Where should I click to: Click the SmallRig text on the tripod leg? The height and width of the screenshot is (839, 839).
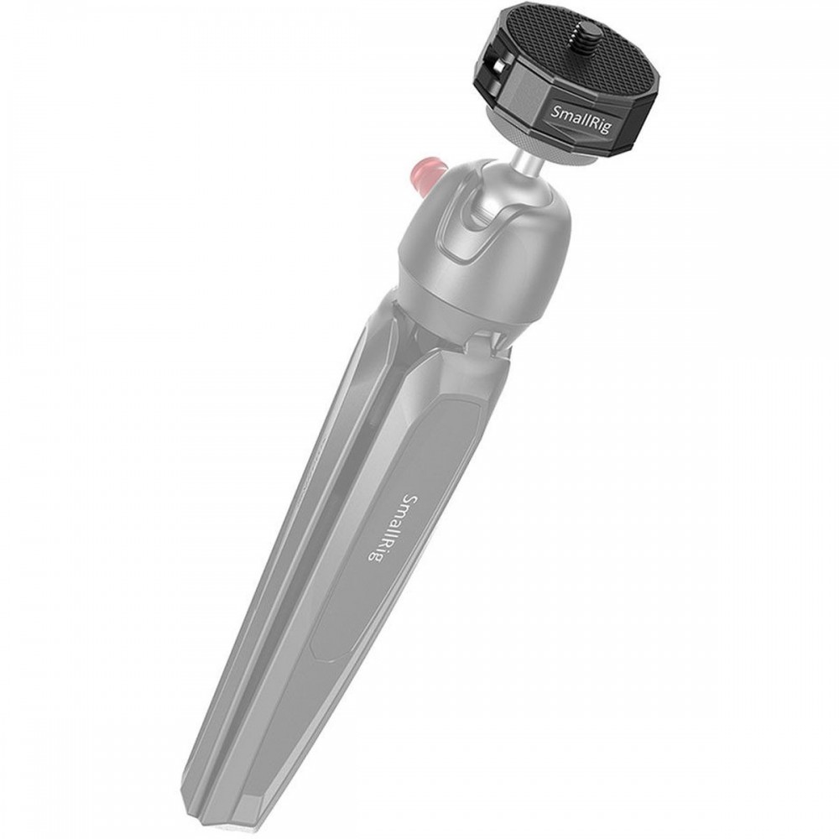point(392,527)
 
